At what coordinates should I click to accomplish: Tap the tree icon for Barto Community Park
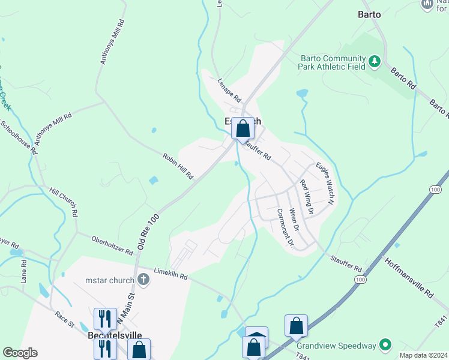click(x=375, y=62)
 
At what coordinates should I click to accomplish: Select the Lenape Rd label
click(x=229, y=90)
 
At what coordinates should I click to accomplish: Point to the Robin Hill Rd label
click(x=178, y=166)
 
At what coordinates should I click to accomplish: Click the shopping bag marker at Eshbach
click(x=243, y=129)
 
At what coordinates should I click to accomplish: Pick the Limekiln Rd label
click(x=170, y=274)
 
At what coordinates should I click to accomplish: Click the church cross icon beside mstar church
click(x=143, y=279)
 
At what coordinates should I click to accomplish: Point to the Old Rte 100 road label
click(x=148, y=232)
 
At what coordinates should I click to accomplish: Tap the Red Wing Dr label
click(x=307, y=197)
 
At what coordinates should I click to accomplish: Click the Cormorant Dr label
click(x=285, y=229)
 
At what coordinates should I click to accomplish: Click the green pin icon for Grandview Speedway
click(x=385, y=345)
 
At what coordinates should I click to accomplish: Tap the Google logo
click(x=20, y=353)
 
